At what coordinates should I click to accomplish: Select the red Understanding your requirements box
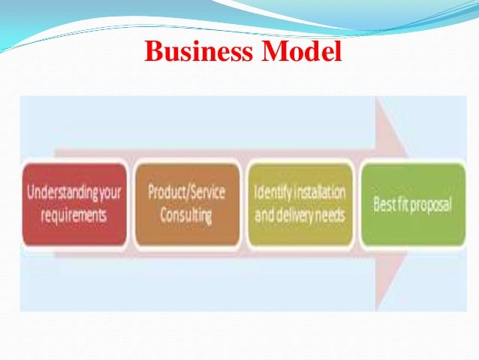pyautogui.click(x=74, y=204)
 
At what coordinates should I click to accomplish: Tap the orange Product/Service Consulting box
pyautogui.click(x=186, y=204)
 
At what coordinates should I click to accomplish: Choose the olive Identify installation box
pyautogui.click(x=299, y=204)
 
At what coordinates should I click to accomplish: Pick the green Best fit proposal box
pyautogui.click(x=412, y=204)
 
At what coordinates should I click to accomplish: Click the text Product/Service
pyautogui.click(x=185, y=192)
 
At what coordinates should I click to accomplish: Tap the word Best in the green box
pyautogui.click(x=384, y=204)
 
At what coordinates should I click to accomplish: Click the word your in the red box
pyautogui.click(x=110, y=193)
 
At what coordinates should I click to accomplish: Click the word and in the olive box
pyautogui.click(x=265, y=216)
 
